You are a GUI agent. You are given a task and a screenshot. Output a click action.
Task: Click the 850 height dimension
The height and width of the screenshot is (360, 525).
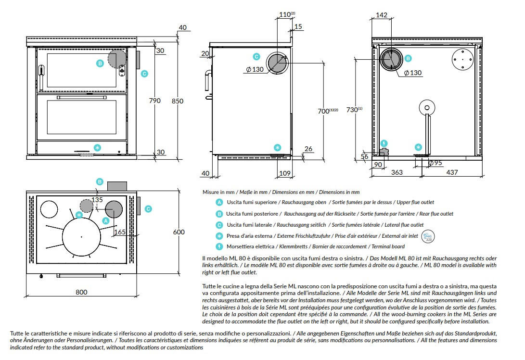(178, 101)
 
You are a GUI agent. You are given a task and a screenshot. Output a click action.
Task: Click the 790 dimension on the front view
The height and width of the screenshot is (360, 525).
(154, 101)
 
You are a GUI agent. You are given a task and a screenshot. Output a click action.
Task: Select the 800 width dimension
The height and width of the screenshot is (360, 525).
(81, 292)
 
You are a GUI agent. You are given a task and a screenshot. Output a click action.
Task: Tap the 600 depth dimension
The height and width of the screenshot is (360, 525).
(179, 232)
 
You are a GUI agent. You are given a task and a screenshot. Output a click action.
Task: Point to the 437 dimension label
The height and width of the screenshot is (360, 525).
(452, 172)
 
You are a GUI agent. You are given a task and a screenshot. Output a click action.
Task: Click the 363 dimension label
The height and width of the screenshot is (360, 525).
(397, 172)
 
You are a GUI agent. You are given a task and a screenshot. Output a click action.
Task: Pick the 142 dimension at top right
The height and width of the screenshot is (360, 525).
(382, 15)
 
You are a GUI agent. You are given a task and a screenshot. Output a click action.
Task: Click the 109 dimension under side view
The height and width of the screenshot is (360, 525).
(284, 173)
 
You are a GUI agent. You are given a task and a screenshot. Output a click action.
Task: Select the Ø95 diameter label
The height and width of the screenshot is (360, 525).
(435, 163)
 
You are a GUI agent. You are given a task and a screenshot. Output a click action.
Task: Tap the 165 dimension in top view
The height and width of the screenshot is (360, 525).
(120, 232)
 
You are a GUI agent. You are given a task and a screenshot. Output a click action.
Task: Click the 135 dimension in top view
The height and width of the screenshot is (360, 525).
(97, 200)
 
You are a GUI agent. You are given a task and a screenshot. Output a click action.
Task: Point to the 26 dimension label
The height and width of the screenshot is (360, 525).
(308, 149)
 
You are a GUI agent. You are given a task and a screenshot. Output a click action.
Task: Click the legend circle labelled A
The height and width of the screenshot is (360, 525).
(219, 202)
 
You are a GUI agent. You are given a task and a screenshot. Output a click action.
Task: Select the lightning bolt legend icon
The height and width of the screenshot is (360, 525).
(219, 247)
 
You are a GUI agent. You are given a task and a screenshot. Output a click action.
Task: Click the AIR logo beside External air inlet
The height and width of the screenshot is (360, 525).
(428, 236)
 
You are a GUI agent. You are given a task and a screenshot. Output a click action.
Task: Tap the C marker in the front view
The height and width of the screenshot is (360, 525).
(144, 74)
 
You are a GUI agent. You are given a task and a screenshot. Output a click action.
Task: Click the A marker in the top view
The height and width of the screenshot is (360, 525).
(106, 221)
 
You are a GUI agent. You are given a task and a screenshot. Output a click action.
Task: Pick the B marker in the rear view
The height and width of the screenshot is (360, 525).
(408, 58)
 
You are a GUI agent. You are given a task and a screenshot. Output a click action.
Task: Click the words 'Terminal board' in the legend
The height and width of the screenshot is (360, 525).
(388, 246)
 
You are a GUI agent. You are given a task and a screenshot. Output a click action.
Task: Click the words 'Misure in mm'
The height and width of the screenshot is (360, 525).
(218, 192)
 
